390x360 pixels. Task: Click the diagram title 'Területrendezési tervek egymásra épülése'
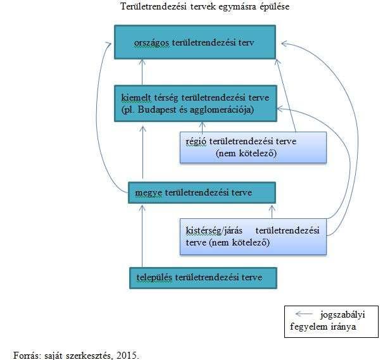click(x=205, y=6)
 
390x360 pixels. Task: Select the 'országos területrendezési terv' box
click(x=195, y=42)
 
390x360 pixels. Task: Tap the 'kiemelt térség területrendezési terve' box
click(x=196, y=103)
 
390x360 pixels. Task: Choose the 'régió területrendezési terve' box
click(x=253, y=147)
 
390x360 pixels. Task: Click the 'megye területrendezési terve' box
click(x=202, y=193)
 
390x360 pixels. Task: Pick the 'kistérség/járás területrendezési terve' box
click(x=253, y=237)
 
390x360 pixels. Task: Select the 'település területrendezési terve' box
click(x=203, y=278)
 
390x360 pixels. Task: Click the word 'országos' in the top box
click(x=151, y=43)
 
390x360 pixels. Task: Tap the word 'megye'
click(x=149, y=193)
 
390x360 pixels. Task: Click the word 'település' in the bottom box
click(x=154, y=278)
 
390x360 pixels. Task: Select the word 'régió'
click(x=196, y=142)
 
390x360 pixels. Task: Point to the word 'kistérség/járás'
click(x=214, y=231)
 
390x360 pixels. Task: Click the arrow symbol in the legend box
click(x=304, y=314)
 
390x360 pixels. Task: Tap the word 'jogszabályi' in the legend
click(x=343, y=315)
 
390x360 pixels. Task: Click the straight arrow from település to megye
click(x=142, y=236)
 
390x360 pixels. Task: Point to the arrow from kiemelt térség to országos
click(x=142, y=72)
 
